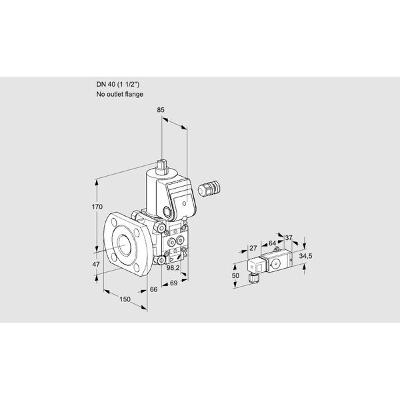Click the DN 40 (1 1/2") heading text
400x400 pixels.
click(x=117, y=85)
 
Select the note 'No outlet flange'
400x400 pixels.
click(x=119, y=94)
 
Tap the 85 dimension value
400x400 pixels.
click(x=161, y=110)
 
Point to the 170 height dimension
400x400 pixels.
click(x=97, y=207)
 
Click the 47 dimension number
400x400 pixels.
click(x=96, y=264)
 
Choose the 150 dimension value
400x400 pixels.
click(x=125, y=299)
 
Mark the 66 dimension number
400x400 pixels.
click(x=153, y=289)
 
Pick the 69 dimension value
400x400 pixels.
click(x=173, y=283)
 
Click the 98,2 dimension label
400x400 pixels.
click(x=173, y=267)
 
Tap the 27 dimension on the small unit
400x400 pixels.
click(x=253, y=248)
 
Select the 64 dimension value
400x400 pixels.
click(x=272, y=243)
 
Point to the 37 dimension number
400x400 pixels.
click(x=288, y=238)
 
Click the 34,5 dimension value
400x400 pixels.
click(x=305, y=256)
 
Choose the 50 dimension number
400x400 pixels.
click(x=235, y=275)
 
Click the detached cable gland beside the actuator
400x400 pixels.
click(x=209, y=189)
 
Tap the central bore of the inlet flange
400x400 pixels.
click(x=125, y=245)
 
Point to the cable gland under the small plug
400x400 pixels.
click(x=253, y=278)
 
